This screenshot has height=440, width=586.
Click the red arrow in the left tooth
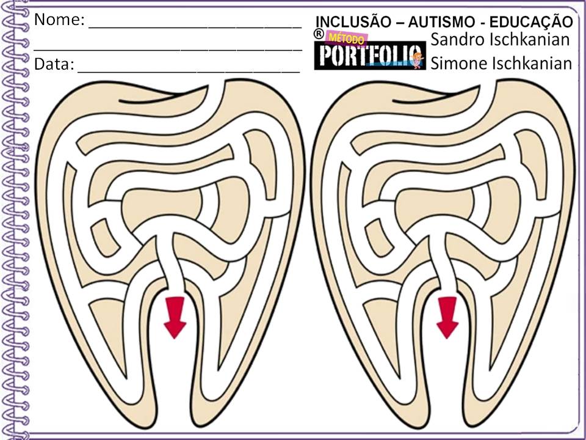(176, 315)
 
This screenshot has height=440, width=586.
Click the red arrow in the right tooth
(447, 315)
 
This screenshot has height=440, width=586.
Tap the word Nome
(59, 20)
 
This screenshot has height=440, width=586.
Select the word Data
(54, 64)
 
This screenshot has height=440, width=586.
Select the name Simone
(457, 63)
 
